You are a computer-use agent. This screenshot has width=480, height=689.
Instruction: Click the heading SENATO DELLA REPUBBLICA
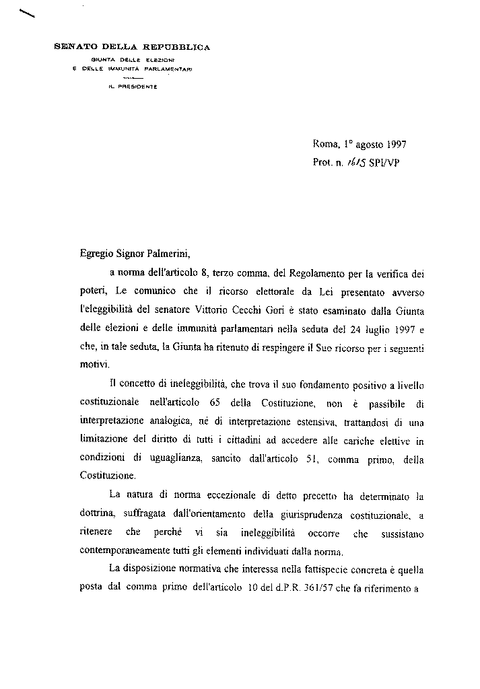click(132, 47)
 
